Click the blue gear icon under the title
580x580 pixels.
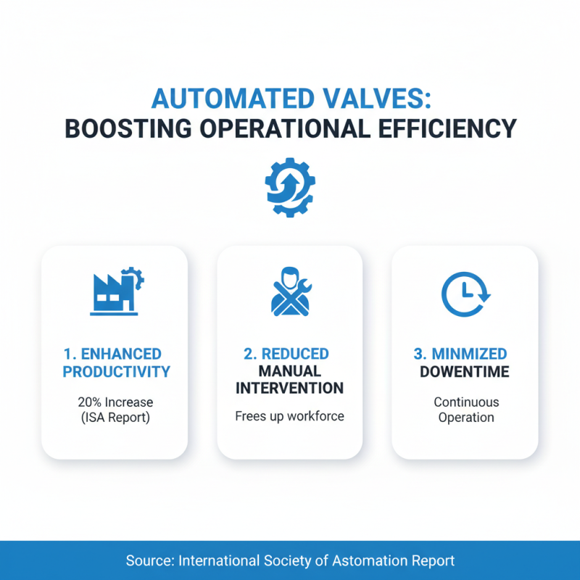coord(289,187)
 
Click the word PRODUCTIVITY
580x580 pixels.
coord(116,372)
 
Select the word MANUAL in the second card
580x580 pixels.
coord(289,371)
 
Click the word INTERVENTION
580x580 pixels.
coord(289,389)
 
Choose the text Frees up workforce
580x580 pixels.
coord(289,416)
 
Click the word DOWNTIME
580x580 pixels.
coord(464,372)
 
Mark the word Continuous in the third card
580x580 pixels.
coord(466,402)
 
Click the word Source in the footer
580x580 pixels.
coord(148,560)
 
